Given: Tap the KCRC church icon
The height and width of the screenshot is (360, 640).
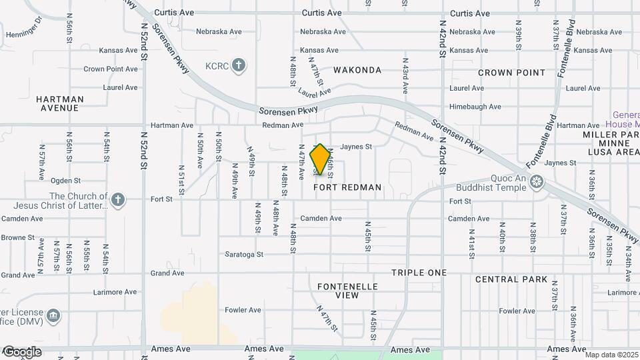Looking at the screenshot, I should click(x=240, y=65).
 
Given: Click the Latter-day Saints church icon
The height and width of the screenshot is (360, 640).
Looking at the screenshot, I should click(x=118, y=199).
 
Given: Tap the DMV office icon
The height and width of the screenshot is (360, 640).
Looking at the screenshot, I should click(x=54, y=315).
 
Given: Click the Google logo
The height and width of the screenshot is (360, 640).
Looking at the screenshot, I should click(x=21, y=351).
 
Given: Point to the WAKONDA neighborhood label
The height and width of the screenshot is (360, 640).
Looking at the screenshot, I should click(x=357, y=70).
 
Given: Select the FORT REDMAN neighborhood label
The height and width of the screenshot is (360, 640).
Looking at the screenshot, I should click(x=348, y=187).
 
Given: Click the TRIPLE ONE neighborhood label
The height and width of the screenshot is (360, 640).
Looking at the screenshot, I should click(x=419, y=273).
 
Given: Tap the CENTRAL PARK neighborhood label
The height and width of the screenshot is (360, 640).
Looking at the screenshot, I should click(x=511, y=279).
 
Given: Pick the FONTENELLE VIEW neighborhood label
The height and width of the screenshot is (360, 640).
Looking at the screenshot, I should click(x=347, y=291).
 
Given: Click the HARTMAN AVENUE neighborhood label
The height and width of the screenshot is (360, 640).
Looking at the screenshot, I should click(x=60, y=103).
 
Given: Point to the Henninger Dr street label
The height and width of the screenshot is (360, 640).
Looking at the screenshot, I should click(x=24, y=34).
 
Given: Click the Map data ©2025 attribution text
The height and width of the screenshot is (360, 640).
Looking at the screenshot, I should click(x=612, y=355).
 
